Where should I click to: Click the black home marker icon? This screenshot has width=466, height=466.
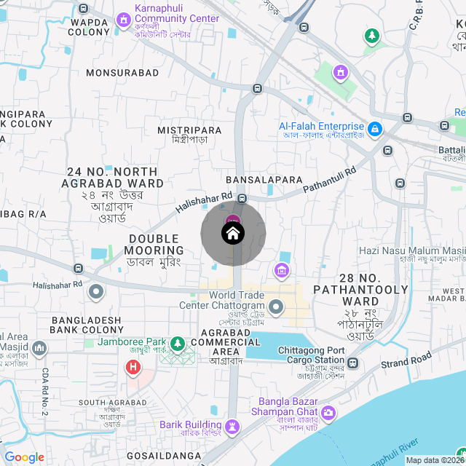(x=233, y=234)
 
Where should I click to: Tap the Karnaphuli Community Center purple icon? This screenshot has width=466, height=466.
(x=122, y=21)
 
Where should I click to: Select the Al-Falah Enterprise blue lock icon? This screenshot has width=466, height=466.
(x=374, y=130)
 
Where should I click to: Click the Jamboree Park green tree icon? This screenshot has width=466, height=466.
(x=177, y=343)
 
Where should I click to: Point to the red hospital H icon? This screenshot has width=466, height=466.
(x=133, y=367)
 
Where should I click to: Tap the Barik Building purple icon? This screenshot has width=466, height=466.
(x=232, y=426)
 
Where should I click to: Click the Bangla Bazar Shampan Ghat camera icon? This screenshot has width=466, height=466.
(x=328, y=413)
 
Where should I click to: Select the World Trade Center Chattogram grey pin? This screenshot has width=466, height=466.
(x=276, y=307)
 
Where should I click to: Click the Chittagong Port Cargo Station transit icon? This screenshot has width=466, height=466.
(x=353, y=362)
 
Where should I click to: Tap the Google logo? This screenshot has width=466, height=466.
(x=24, y=457)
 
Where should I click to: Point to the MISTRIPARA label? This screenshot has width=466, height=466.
(x=189, y=130)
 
